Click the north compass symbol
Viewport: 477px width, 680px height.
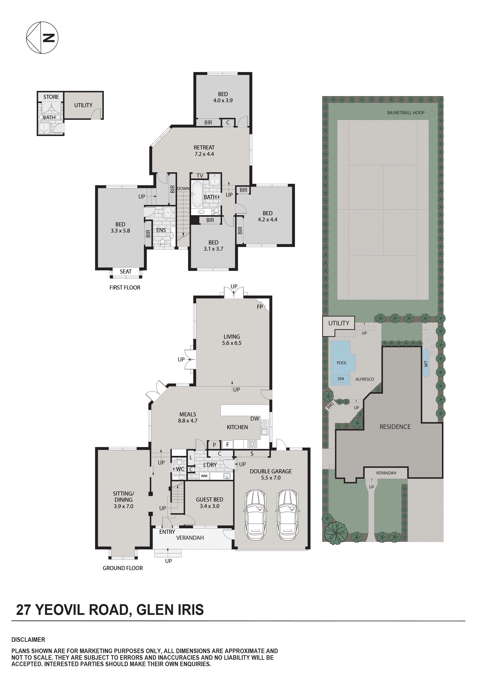pyautogui.click(x=42, y=38)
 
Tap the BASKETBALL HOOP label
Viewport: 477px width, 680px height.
pyautogui.click(x=406, y=113)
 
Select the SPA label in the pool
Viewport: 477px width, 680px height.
pyautogui.click(x=341, y=379)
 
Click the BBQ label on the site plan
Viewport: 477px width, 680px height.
pyautogui.click(x=330, y=405)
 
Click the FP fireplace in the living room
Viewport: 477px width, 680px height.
pyautogui.click(x=260, y=307)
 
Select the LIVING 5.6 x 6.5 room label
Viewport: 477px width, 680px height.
pyautogui.click(x=232, y=340)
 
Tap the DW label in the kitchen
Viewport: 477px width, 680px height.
pyautogui.click(x=254, y=418)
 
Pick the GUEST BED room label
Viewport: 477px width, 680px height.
pyautogui.click(x=210, y=503)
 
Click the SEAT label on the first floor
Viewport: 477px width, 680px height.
pyautogui.click(x=126, y=272)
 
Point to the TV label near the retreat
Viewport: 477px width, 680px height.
pyautogui.click(x=200, y=176)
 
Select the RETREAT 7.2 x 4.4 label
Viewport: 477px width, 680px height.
pyautogui.click(x=204, y=151)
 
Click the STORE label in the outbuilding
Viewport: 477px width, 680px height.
pyautogui.click(x=51, y=97)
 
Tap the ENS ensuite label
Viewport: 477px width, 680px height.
pyautogui.click(x=161, y=230)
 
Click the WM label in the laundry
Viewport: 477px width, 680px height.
pyautogui.click(x=204, y=476)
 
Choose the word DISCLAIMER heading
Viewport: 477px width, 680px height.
pyautogui.click(x=28, y=640)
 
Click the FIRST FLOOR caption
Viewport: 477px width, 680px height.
pyautogui.click(x=125, y=288)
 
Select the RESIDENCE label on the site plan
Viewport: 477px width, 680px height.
pyautogui.click(x=395, y=427)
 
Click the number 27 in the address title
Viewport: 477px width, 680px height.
pyautogui.click(x=24, y=610)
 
